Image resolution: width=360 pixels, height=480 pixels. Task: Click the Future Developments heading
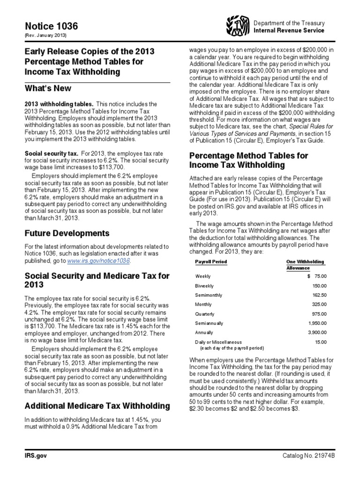tap(67, 233)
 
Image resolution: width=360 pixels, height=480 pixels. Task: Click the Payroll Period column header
tap(211, 262)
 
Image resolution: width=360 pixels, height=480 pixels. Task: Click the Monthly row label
tap(203, 305)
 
